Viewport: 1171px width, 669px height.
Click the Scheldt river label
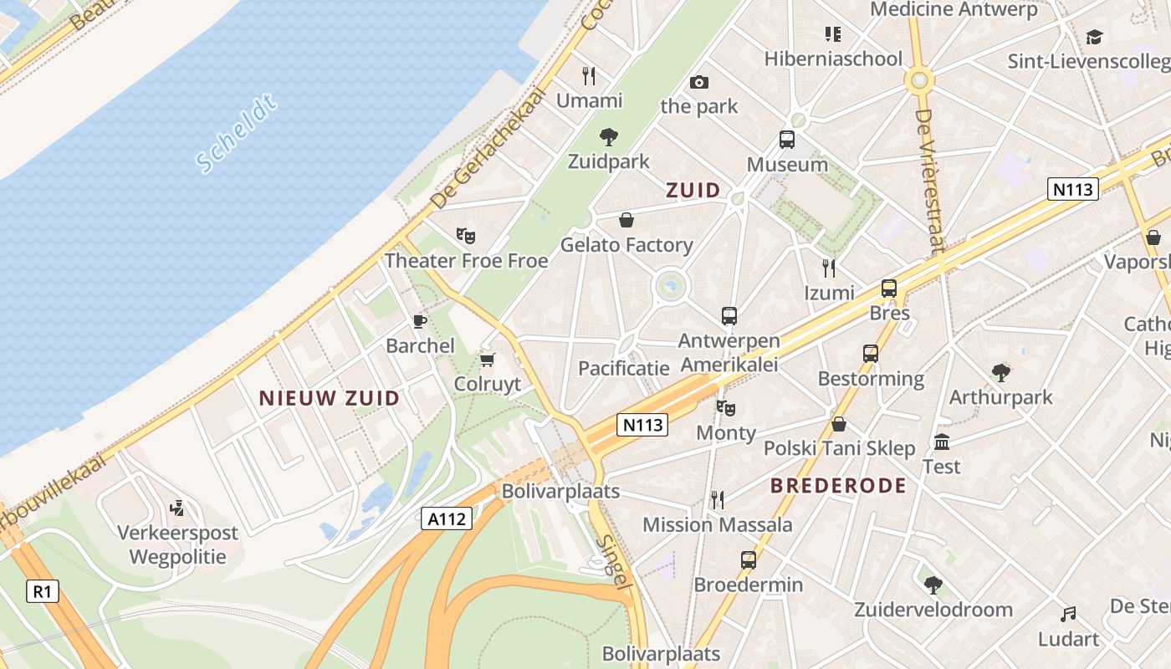(237, 134)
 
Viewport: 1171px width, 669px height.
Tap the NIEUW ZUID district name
(330, 398)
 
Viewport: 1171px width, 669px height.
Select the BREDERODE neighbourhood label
(838, 486)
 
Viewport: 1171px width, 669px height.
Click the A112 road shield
(447, 519)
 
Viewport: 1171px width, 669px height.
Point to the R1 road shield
(43, 592)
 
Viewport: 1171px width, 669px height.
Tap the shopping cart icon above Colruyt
(488, 360)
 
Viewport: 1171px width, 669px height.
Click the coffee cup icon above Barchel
(420, 321)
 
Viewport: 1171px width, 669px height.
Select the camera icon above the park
(699, 82)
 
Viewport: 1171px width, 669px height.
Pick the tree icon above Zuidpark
(609, 136)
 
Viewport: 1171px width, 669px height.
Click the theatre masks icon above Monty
(726, 408)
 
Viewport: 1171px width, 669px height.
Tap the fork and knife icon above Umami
(590, 76)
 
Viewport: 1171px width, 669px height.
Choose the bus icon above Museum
(787, 140)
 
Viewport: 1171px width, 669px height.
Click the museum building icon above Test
(942, 442)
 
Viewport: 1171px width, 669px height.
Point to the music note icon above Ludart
(1068, 615)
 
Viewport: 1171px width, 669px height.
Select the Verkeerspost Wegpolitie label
(177, 544)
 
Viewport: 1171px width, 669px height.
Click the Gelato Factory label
(626, 245)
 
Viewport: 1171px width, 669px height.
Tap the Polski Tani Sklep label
(840, 448)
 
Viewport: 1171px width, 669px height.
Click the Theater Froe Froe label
(466, 261)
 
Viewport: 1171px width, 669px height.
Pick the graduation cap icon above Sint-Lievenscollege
(1094, 37)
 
